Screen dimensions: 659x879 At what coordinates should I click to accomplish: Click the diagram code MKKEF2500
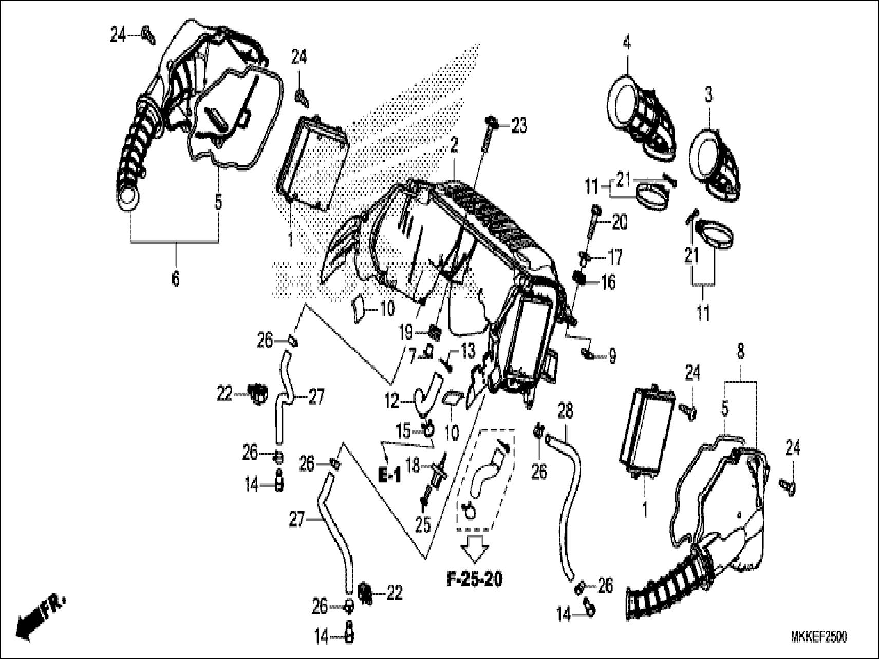click(x=819, y=637)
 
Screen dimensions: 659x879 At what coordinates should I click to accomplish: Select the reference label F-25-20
click(x=474, y=579)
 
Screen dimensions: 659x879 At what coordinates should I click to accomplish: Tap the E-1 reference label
click(x=389, y=476)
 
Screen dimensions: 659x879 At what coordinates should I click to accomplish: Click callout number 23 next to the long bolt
click(x=519, y=125)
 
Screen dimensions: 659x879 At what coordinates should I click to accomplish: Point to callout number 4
click(x=626, y=43)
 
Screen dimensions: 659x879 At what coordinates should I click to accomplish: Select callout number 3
click(x=708, y=95)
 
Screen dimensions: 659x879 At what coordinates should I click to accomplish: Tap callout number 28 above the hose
click(x=565, y=411)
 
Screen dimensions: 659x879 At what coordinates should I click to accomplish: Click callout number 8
click(x=740, y=352)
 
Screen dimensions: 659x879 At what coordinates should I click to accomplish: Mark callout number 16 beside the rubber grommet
click(x=608, y=282)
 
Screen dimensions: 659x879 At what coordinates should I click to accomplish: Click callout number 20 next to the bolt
click(x=619, y=223)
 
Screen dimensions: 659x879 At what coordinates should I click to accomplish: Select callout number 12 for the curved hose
click(x=391, y=401)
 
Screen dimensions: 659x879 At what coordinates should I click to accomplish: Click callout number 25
click(x=423, y=524)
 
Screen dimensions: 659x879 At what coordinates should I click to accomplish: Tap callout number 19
click(x=405, y=332)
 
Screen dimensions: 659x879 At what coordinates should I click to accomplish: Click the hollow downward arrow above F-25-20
click(x=474, y=548)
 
